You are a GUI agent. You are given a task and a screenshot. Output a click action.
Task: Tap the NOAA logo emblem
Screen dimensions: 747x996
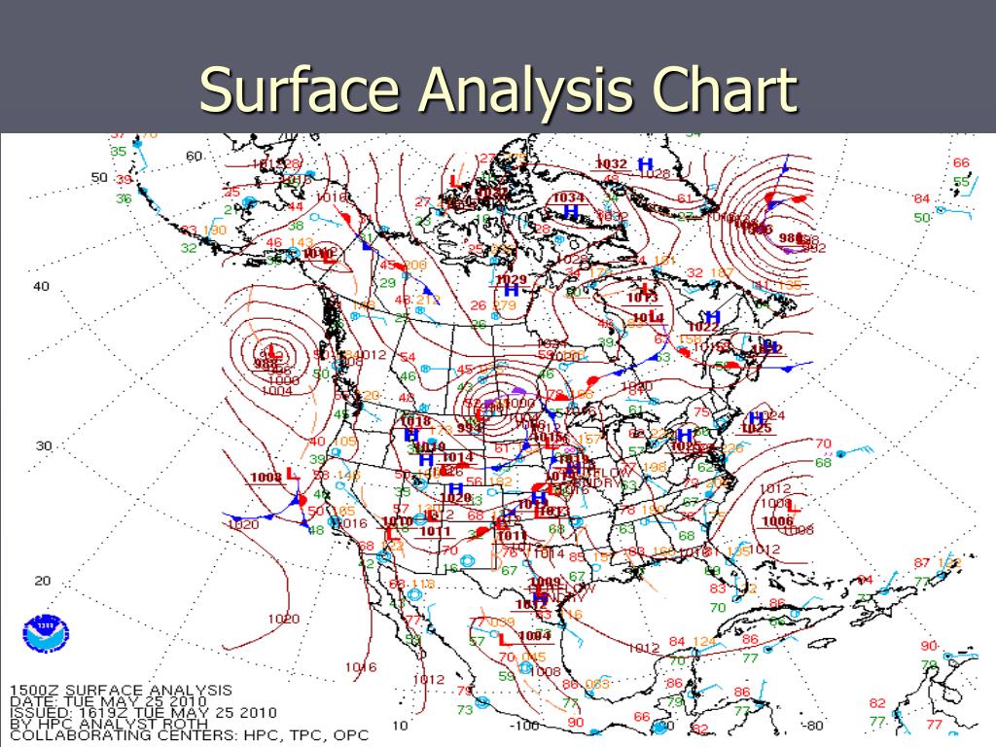click(42, 633)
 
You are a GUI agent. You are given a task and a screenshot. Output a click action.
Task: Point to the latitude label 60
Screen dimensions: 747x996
click(195, 156)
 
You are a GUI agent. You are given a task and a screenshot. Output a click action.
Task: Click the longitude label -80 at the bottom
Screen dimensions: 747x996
click(812, 725)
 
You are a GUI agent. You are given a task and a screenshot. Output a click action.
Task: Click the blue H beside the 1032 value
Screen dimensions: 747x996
click(644, 164)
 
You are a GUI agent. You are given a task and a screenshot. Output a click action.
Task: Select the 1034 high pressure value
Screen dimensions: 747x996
click(568, 197)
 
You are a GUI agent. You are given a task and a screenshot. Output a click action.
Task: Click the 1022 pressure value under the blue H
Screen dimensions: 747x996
click(702, 328)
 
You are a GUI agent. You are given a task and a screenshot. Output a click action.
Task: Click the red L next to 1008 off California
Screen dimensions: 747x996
click(292, 474)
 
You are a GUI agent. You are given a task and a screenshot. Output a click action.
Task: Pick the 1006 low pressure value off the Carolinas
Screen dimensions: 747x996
click(777, 521)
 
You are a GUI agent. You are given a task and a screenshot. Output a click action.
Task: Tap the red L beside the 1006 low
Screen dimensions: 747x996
click(792, 507)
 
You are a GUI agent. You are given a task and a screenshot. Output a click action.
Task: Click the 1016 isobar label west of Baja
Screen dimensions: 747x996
click(359, 667)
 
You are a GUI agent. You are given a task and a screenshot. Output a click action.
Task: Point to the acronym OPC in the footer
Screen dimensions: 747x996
click(348, 735)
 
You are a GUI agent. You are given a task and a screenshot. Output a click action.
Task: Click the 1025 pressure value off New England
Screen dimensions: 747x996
click(756, 428)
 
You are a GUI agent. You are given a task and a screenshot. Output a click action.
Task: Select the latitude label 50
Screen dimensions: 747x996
click(99, 177)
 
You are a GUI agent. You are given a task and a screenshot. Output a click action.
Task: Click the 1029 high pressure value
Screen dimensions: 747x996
click(511, 280)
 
